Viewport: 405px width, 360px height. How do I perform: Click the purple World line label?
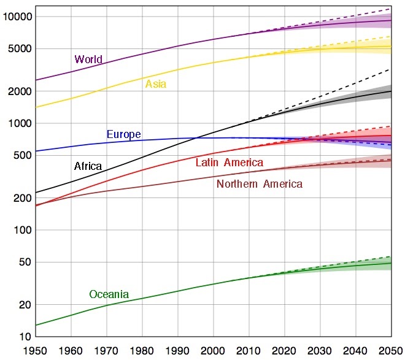pyautogui.click(x=88, y=59)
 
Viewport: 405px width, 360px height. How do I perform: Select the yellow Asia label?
pyautogui.click(x=156, y=84)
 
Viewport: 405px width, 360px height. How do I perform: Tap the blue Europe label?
pyautogui.click(x=123, y=134)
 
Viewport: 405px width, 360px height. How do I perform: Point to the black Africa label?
pyautogui.click(x=88, y=166)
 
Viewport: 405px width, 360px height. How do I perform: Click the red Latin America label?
pyautogui.click(x=229, y=163)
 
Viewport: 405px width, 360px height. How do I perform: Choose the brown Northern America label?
pyautogui.click(x=259, y=183)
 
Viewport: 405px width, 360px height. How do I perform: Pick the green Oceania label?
pyautogui.click(x=109, y=294)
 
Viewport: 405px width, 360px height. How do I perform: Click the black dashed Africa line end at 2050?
pyautogui.click(x=391, y=69)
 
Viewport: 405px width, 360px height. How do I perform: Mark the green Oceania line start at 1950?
pyautogui.click(x=36, y=325)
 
